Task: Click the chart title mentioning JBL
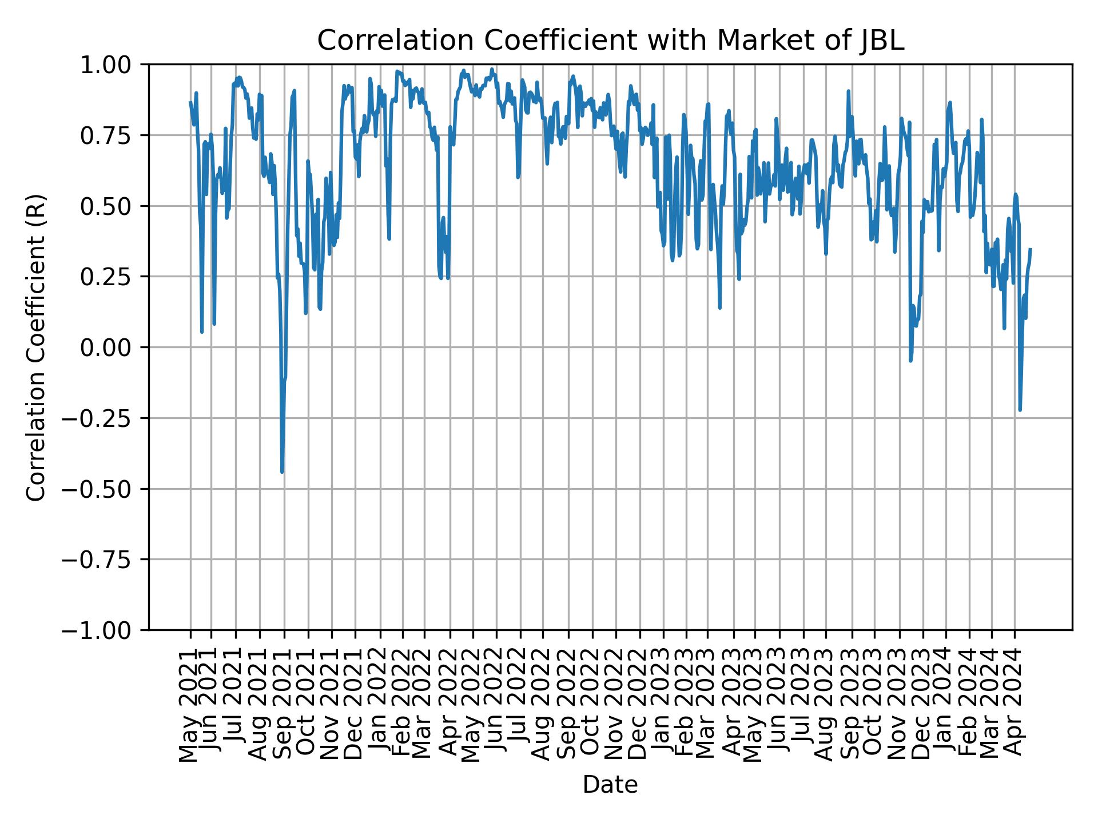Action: [x=610, y=41]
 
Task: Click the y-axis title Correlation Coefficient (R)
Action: [x=36, y=347]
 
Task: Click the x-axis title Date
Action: [x=610, y=785]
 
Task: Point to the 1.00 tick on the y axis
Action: [x=113, y=65]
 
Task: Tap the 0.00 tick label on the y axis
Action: [x=113, y=347]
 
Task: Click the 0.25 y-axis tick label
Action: [x=113, y=277]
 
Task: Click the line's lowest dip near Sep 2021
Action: [x=282, y=472]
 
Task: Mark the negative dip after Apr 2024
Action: [x=1020, y=410]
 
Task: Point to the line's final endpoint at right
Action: [x=1031, y=249]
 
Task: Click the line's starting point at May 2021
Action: [x=190, y=102]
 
